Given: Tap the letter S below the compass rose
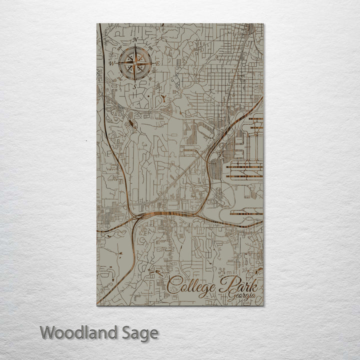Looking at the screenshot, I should point(134,86).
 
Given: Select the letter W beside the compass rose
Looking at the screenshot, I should point(111,63).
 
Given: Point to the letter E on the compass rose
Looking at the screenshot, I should point(157,63).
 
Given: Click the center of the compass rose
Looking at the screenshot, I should point(134,63).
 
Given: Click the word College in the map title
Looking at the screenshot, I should point(192,286).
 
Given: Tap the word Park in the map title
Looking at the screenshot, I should point(239,285).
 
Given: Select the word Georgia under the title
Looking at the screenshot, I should point(242,296).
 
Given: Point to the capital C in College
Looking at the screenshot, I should point(173,286).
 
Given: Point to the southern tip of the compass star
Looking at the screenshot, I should point(134,80).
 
